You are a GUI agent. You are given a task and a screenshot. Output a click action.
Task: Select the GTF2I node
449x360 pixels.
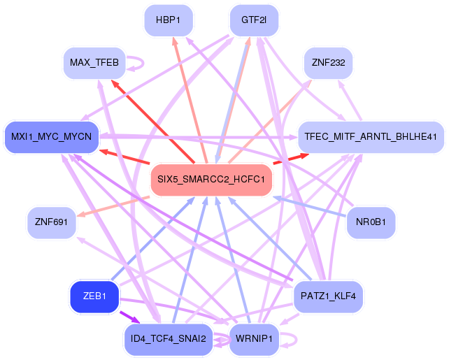[x=254, y=20]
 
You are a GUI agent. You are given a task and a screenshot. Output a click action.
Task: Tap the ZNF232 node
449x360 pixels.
[x=328, y=64]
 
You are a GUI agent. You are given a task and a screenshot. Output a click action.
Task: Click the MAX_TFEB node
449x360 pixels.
[x=94, y=64]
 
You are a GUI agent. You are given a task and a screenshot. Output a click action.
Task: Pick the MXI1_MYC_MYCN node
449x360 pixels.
[x=51, y=135]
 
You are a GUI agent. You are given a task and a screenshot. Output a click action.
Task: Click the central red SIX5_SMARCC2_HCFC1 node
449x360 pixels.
[x=211, y=180]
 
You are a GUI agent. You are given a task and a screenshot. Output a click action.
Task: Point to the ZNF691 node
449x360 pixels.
[x=51, y=222]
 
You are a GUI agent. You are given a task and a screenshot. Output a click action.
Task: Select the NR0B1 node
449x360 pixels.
[x=371, y=222]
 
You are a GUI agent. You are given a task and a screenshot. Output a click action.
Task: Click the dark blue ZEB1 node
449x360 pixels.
[x=94, y=296]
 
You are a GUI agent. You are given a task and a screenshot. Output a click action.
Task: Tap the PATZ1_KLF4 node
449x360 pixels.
[x=328, y=296]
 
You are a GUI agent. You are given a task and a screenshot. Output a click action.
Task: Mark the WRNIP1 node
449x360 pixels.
[x=254, y=339]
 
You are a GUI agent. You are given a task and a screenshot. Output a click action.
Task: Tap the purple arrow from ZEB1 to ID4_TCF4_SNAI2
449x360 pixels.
[x=130, y=318]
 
